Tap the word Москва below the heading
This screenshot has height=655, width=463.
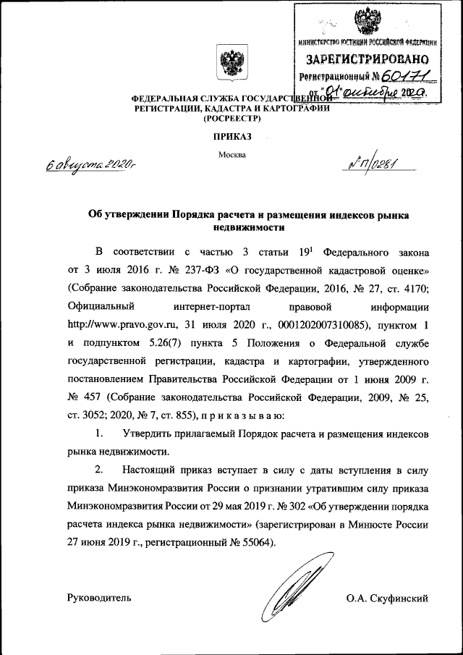coord(231,154)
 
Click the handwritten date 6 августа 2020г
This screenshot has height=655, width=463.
coord(91,165)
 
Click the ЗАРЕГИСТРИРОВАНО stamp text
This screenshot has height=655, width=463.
coord(369,59)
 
